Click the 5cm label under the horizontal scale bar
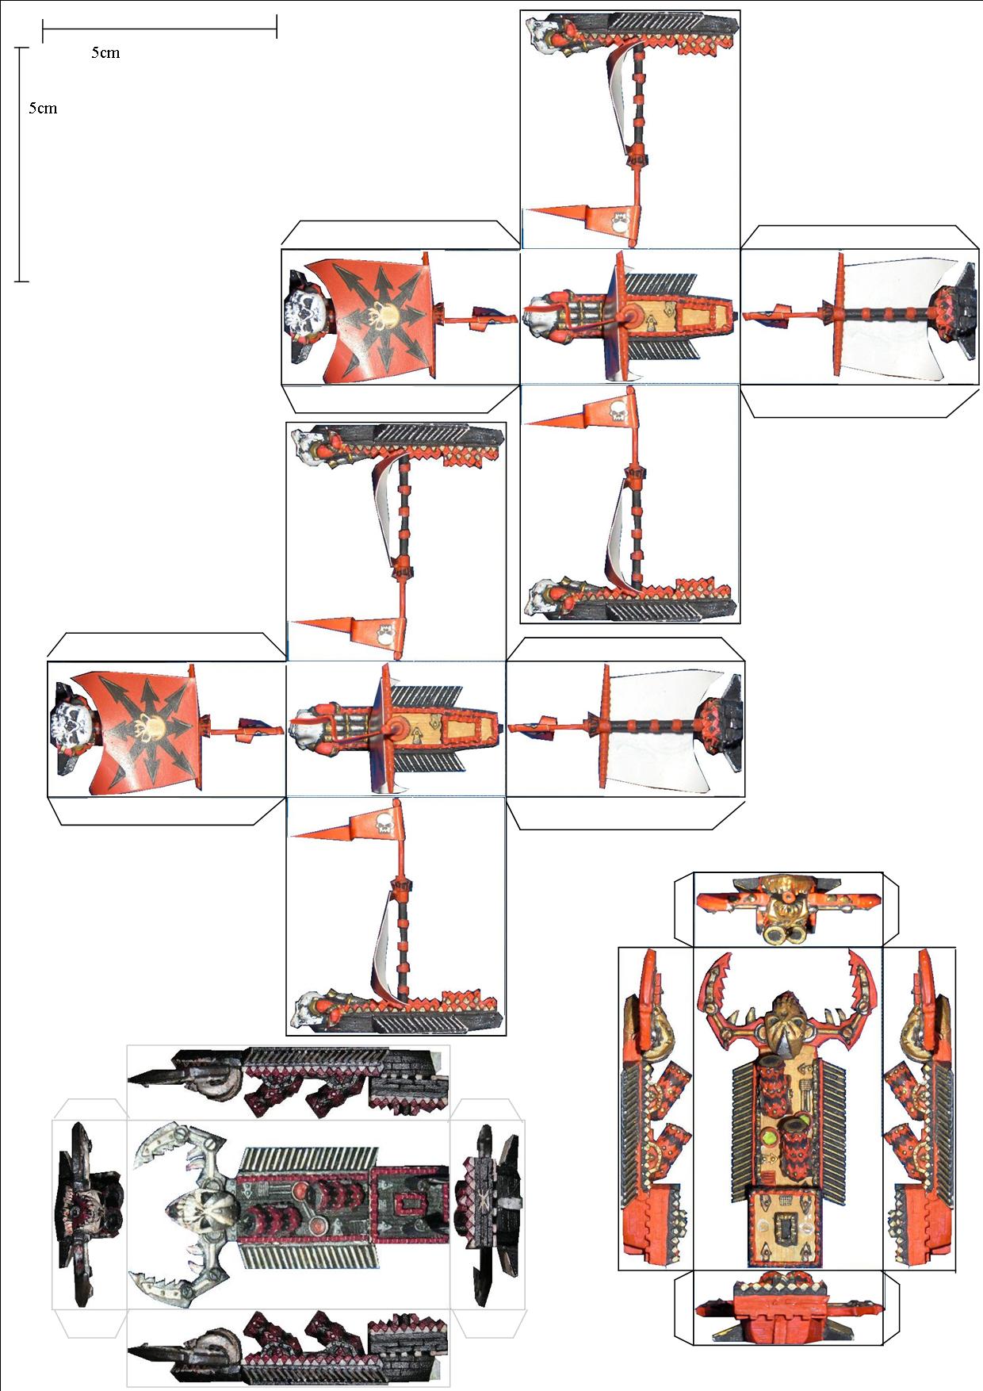[105, 53]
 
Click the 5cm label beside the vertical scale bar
[43, 109]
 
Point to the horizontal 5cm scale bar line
[159, 29]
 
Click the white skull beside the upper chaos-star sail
[305, 316]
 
